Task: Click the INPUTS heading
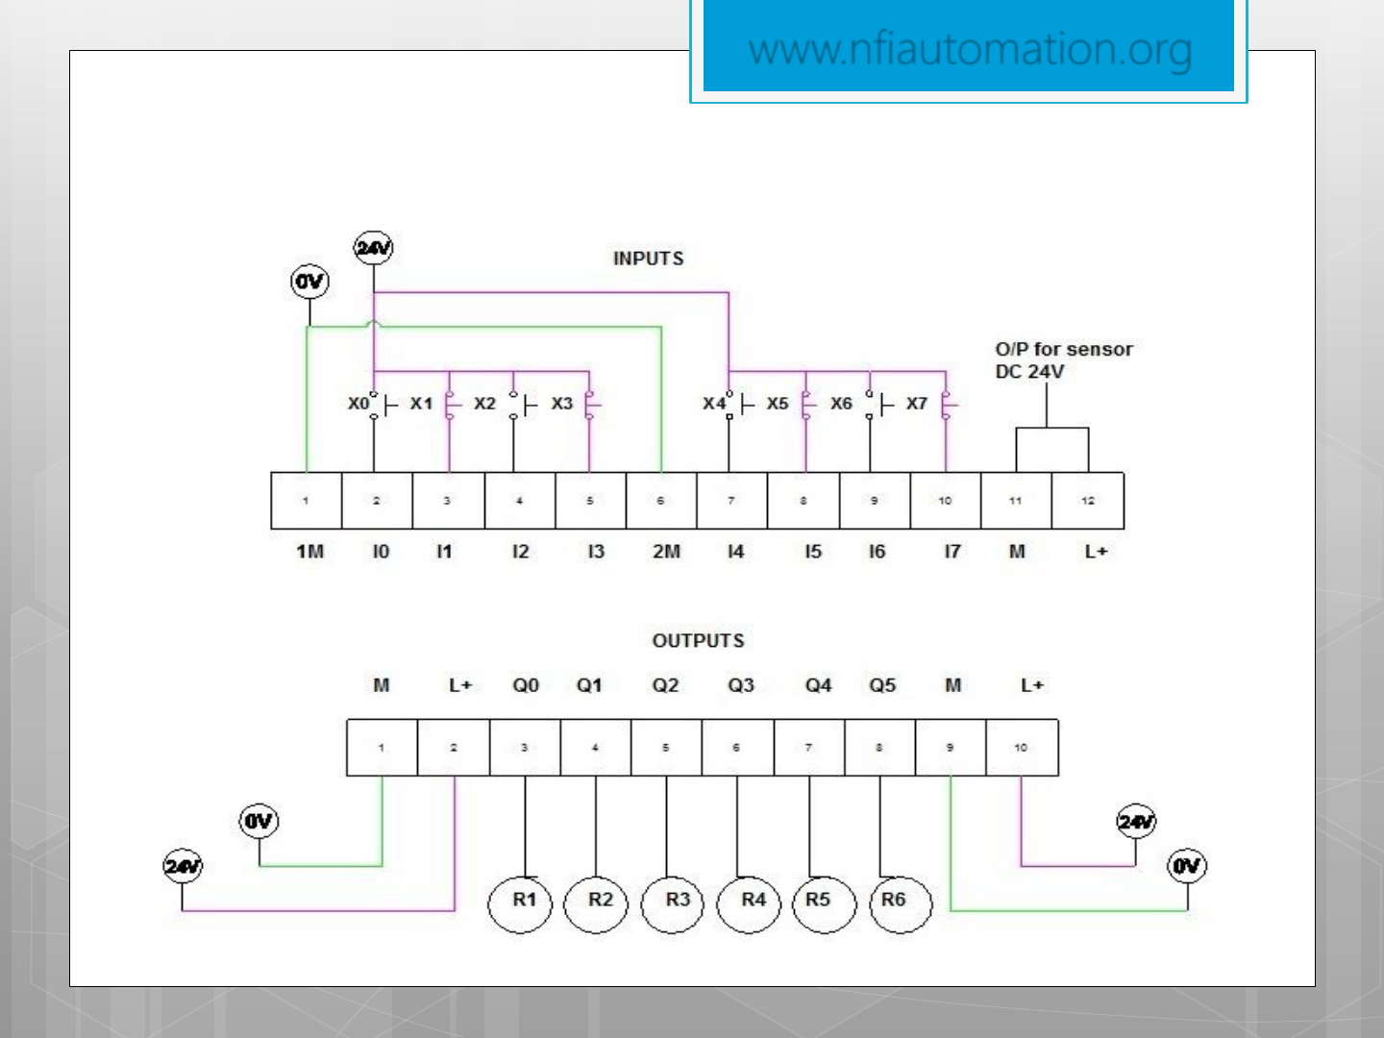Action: coord(649,259)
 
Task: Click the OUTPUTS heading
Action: coord(699,641)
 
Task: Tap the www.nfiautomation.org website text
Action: coord(970,50)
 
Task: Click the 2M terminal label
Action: coord(666,552)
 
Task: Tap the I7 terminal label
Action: coord(951,552)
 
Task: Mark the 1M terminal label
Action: coord(309,552)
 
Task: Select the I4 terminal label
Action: coord(735,552)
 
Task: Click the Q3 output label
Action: coord(740,685)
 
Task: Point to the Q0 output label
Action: coord(526,685)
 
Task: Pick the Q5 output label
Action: coord(882,685)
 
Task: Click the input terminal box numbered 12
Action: coord(1088,501)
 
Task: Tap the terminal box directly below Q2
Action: coord(666,748)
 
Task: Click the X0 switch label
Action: coord(358,404)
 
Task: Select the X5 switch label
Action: coord(778,404)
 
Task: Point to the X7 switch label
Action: coord(917,404)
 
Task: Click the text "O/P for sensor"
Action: coord(1064,350)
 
